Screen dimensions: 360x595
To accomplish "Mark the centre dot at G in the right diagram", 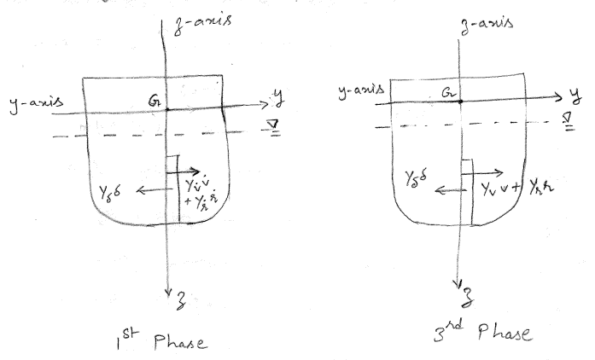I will [461, 101].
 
